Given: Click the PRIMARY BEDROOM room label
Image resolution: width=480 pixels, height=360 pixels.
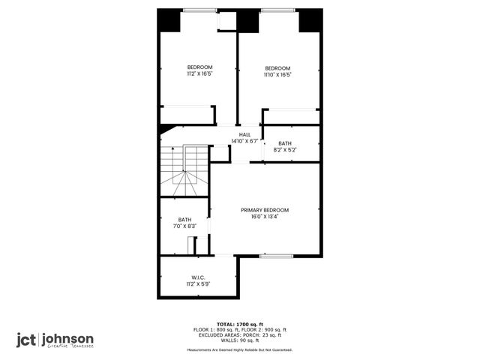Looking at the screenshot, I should click(x=265, y=210).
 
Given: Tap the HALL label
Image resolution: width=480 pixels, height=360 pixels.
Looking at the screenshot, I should click(x=244, y=134).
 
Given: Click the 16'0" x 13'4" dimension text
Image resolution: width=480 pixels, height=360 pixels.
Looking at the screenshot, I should click(x=265, y=217).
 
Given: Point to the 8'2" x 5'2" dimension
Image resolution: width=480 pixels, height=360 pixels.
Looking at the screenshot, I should click(x=285, y=150).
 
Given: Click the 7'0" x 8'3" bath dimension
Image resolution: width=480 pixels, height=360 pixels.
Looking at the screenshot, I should click(x=184, y=226).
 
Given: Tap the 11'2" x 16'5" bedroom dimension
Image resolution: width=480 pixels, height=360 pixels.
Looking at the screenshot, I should click(x=199, y=74).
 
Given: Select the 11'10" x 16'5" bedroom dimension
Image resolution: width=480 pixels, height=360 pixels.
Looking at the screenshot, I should click(x=277, y=74).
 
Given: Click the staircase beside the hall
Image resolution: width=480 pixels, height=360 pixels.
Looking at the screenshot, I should click(x=184, y=169).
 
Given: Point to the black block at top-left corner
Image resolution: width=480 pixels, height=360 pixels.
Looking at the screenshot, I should click(x=169, y=20).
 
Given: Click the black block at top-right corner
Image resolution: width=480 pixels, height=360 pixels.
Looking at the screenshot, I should click(x=310, y=20).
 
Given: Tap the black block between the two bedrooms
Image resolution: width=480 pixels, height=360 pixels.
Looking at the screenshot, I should click(x=247, y=21).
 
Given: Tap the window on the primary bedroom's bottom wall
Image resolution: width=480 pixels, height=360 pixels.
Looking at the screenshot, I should click(x=276, y=256).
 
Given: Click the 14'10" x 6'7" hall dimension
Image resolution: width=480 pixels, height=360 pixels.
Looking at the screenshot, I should click(x=244, y=141).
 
